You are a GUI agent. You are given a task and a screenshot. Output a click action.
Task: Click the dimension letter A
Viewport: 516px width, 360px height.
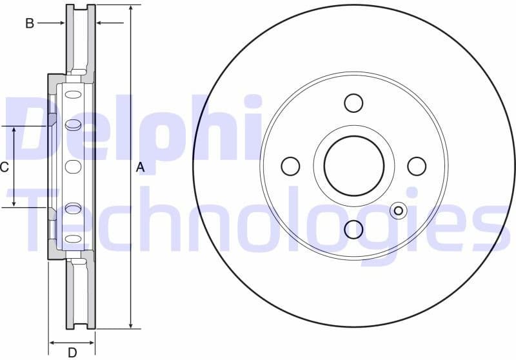click(141, 168)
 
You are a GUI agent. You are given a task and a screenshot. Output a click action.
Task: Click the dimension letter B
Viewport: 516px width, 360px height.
click(29, 24)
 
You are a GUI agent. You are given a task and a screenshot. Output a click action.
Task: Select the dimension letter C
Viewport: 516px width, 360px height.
click(5, 168)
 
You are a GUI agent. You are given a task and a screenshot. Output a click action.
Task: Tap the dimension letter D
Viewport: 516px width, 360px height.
click(72, 352)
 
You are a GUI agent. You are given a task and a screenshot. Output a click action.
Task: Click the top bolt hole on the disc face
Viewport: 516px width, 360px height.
click(353, 103)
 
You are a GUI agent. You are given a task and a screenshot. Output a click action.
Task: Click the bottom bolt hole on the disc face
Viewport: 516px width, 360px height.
click(353, 228)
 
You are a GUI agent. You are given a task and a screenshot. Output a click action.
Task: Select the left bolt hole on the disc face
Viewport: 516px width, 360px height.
click(291, 166)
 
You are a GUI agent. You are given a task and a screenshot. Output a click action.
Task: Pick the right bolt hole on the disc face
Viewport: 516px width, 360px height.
click(417, 166)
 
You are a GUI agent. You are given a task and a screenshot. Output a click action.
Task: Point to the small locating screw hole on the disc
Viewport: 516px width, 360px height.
click(398, 210)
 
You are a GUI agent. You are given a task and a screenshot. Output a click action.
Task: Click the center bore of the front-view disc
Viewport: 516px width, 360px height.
click(353, 166)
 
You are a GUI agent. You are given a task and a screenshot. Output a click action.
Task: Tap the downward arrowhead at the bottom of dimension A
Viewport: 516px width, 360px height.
click(131, 325)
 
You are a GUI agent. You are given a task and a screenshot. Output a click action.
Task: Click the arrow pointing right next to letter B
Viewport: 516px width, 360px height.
click(62, 23)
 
